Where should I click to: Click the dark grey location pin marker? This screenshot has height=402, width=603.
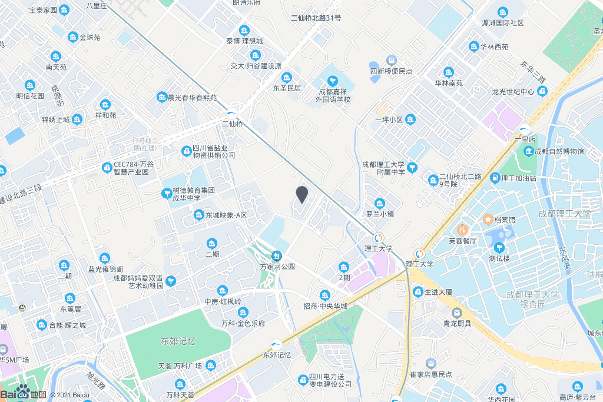point(302,194)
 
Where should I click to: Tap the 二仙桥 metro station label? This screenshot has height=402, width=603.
point(232,124)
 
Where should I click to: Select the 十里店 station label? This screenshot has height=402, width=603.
point(524,139)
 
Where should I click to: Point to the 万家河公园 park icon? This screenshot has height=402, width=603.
point(276,255)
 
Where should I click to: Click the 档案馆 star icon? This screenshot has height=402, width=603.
point(488,220)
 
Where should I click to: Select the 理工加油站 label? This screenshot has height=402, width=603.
point(518,178)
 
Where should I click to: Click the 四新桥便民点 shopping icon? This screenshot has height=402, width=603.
point(390,61)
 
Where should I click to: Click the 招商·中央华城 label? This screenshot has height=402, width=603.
point(325,306)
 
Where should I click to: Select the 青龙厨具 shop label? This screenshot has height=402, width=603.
point(457,323)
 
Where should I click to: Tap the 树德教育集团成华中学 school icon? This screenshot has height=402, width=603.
point(167,192)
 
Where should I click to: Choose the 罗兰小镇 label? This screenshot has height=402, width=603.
point(380,214)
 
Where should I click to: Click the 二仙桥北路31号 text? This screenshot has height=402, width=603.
point(316,18)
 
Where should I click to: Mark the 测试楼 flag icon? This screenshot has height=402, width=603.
point(499,247)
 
